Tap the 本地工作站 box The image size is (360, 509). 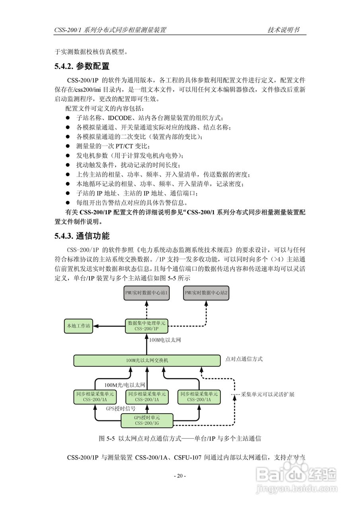pos(79,326)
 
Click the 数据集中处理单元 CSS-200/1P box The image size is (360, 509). pos(146,326)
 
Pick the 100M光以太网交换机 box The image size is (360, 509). pos(147,360)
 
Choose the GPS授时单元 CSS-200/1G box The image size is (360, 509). pos(146,420)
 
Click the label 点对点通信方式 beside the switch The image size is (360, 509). pos(244,359)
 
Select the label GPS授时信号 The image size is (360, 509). pos(121,408)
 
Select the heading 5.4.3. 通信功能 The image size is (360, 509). pos(82,236)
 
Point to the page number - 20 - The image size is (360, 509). pos(180,476)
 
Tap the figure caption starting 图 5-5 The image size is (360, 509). pos(180,439)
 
